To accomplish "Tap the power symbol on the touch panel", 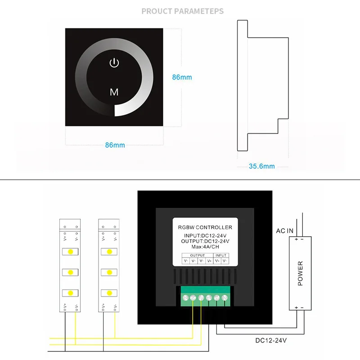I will coord(114,63).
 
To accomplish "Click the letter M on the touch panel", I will coord(114,92).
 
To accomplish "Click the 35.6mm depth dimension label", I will coord(261,166).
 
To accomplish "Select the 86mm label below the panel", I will coord(115,145).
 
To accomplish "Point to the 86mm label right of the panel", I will coord(182,77).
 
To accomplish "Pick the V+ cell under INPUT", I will coord(217,261).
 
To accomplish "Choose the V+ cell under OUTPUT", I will coord(209,261).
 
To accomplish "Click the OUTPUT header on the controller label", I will coord(197,255).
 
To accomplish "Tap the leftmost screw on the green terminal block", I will coord(185,297).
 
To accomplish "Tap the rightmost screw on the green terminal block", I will coord(224,297).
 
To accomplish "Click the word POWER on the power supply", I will coord(300,273).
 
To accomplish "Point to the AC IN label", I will coord(284,231).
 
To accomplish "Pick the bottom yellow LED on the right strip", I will coord(109,293).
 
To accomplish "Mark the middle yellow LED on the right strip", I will coord(109,272).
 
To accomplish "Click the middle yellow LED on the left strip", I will coord(71,272).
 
